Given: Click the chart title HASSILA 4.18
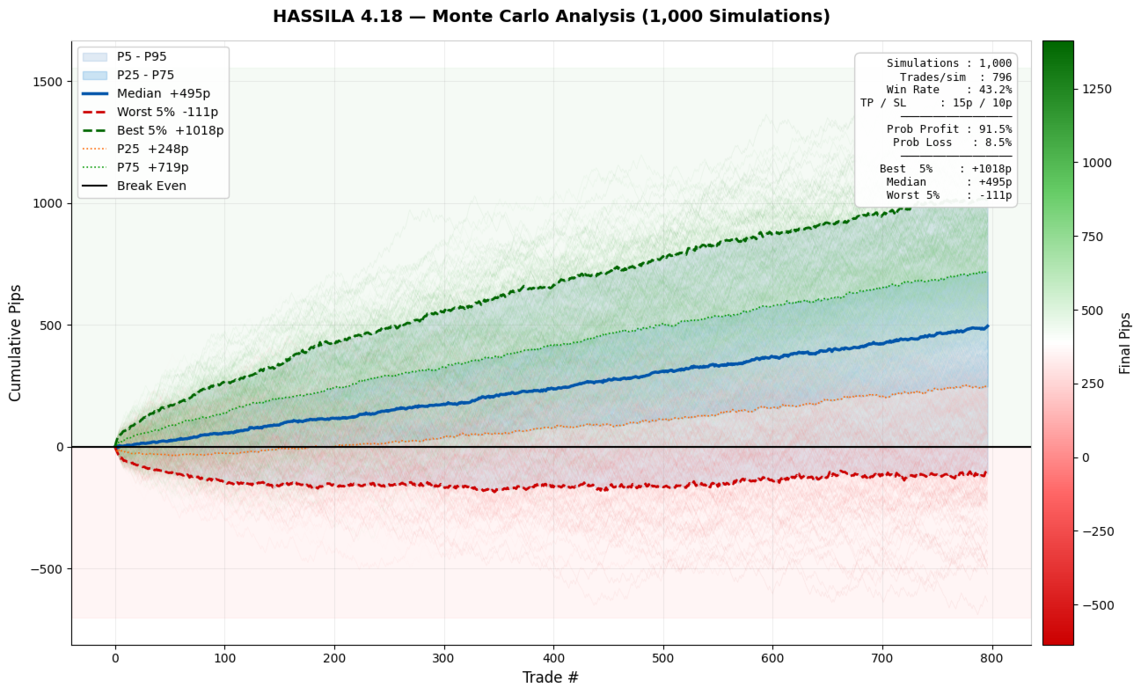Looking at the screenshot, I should pyautogui.click(x=551, y=17).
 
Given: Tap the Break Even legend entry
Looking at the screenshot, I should pyautogui.click(x=151, y=186).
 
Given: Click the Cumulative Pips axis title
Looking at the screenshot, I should pyautogui.click(x=16, y=342).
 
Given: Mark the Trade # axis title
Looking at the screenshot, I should pyautogui.click(x=551, y=677).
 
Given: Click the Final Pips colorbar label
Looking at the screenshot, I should pyautogui.click(x=1125, y=343).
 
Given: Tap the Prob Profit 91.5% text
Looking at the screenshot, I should pyautogui.click(x=948, y=129).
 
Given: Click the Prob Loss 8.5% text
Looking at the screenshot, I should pyautogui.click(x=952, y=143).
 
